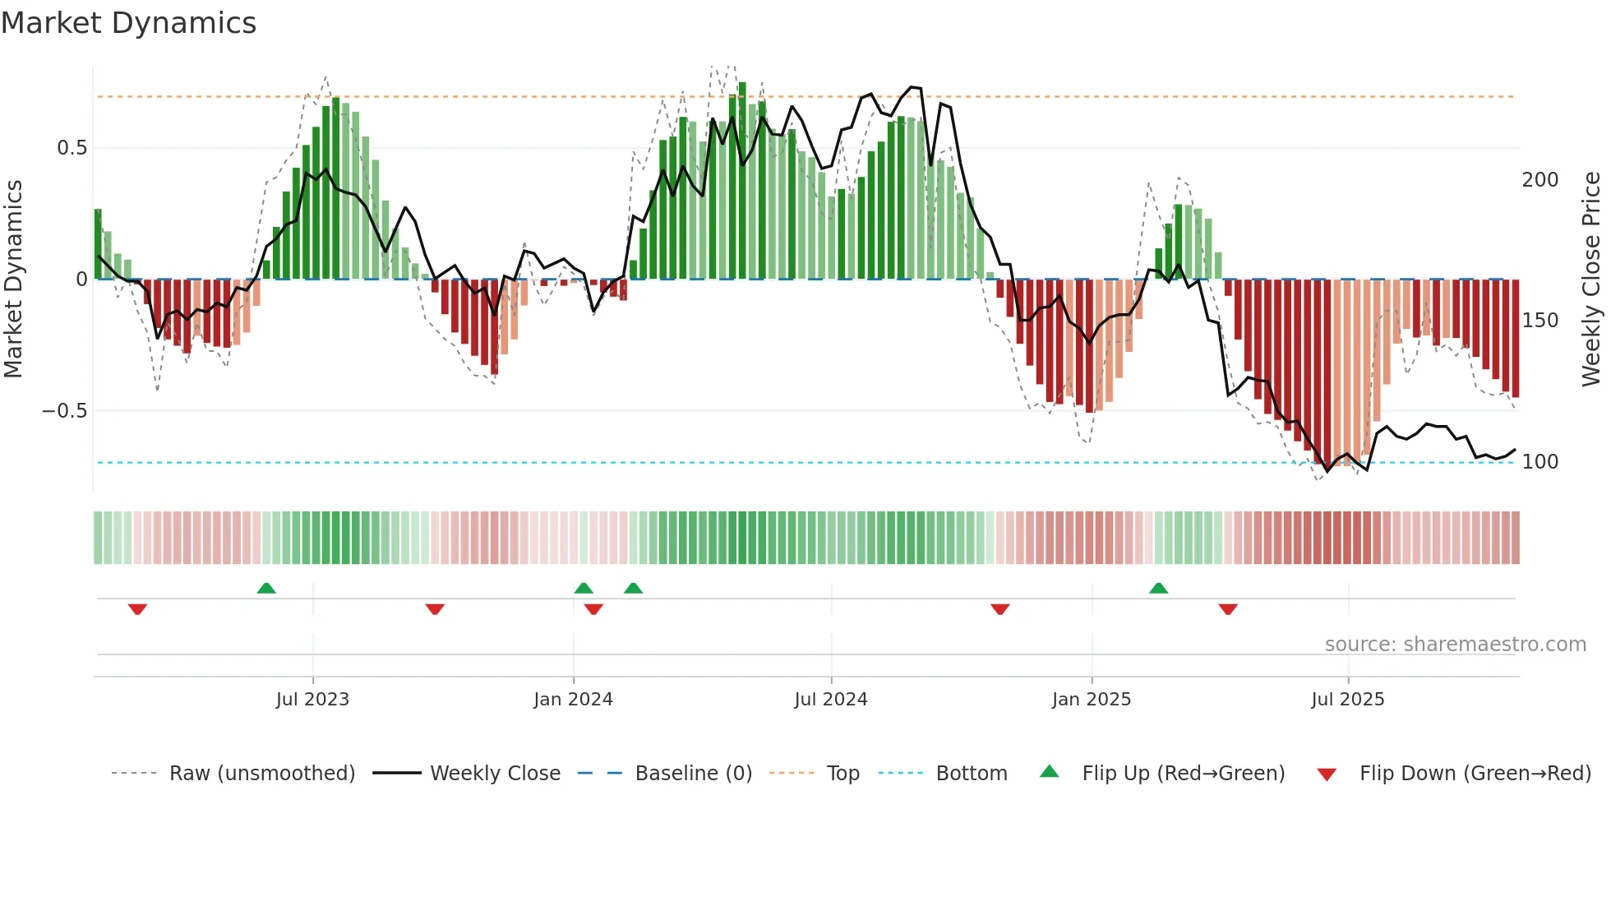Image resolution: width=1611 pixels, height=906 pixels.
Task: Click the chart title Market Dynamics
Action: [128, 23]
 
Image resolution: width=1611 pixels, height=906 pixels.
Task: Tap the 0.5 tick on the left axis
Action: [72, 148]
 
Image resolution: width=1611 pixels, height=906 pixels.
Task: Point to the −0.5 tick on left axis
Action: [64, 411]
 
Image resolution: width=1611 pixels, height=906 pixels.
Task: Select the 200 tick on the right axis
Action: [1539, 180]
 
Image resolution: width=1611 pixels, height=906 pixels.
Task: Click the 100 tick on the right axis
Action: [1539, 462]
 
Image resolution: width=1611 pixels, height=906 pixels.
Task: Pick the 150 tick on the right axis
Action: [1539, 321]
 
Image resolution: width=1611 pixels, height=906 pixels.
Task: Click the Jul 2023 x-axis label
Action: [312, 700]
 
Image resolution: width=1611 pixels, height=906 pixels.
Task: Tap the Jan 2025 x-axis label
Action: [1092, 700]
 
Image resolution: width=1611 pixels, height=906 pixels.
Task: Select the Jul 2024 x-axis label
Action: [831, 700]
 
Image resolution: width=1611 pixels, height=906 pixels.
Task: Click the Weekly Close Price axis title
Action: [1591, 280]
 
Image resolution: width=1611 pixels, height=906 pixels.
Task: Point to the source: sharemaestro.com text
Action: [1455, 645]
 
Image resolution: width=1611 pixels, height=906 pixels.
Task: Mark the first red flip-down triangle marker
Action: [137, 609]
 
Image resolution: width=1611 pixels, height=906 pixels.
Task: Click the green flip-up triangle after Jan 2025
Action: [1158, 588]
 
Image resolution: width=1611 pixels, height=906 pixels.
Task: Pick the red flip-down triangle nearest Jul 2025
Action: [1228, 609]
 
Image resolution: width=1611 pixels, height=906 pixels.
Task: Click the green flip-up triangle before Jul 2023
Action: [266, 588]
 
